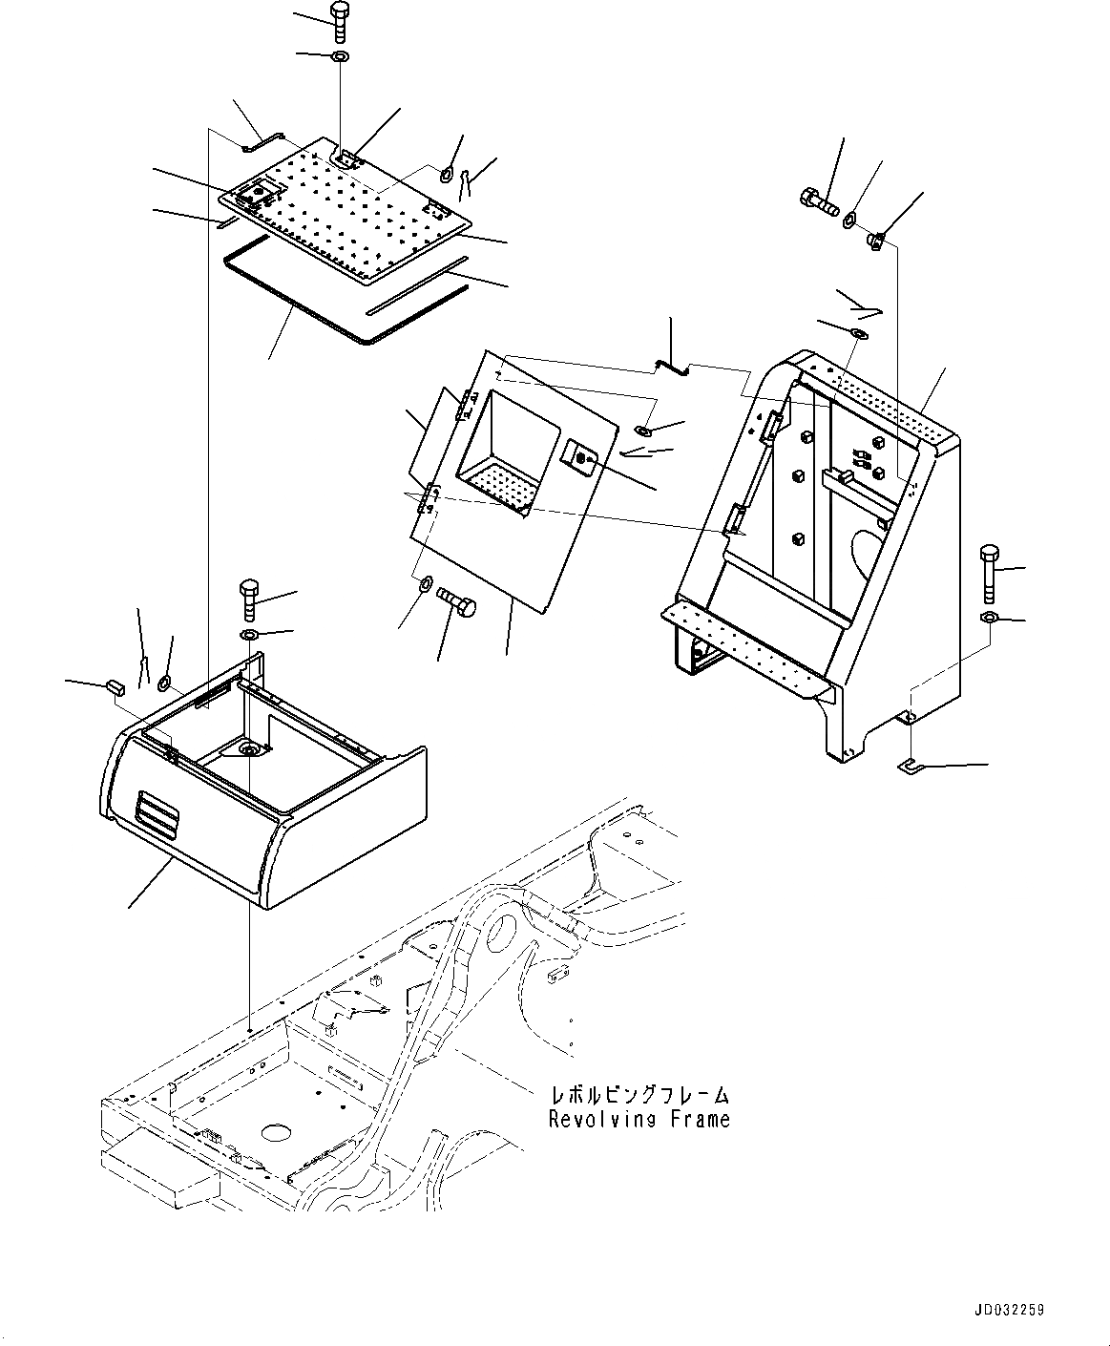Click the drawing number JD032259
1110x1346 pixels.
[1009, 1310]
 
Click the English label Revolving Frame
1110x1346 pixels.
[639, 1119]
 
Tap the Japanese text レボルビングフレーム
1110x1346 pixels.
[639, 1094]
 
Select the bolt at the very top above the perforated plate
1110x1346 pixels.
[341, 20]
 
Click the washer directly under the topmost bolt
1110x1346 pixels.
[341, 57]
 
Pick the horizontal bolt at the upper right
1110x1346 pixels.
[817, 200]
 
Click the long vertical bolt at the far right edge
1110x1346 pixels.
[989, 573]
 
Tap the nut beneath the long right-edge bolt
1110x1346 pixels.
[989, 619]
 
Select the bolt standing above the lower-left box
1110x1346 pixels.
[248, 599]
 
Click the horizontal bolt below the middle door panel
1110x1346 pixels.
[457, 603]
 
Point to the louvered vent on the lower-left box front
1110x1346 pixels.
[157, 812]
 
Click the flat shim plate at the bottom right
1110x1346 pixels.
[913, 766]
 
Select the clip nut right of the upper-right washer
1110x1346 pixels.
[875, 240]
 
